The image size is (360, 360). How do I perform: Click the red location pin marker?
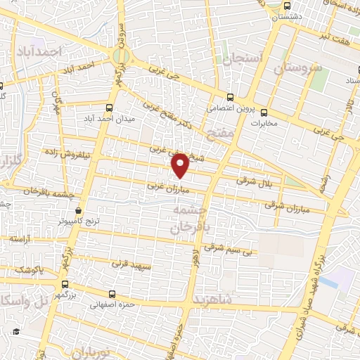point(181,165)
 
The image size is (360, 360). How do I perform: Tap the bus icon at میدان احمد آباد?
point(108,108)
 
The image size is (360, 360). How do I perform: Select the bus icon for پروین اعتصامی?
point(230,97)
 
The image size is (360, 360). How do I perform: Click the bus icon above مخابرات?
point(264,112)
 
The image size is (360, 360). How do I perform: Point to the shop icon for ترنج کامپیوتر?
point(78,210)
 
